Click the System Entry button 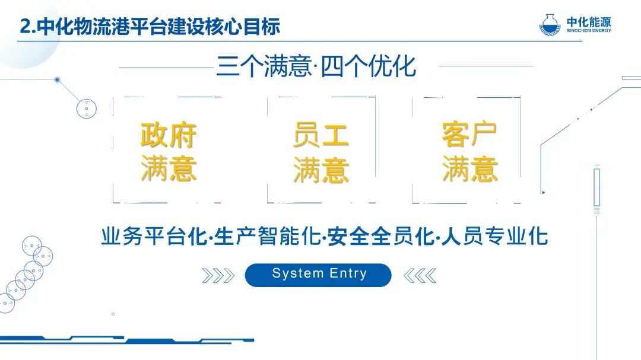point(318,275)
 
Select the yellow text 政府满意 point(168,152)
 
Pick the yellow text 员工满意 point(321,152)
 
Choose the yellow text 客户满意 point(469,152)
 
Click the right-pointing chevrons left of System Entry point(218,276)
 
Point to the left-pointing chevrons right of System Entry point(420,276)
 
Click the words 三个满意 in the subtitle point(264,66)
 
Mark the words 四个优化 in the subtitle point(369,66)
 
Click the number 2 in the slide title point(26,27)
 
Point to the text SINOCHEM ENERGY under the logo point(589,30)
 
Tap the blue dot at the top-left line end point(57,79)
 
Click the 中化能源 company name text point(589,22)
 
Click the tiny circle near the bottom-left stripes point(113,314)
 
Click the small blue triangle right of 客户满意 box point(543,192)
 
